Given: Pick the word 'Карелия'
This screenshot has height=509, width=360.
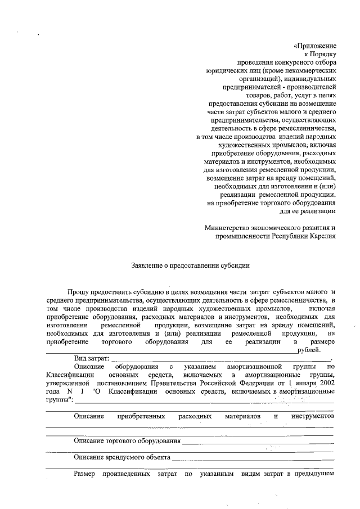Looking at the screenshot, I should pyautogui.click(x=323, y=236).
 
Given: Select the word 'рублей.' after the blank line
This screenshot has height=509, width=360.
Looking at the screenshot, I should pyautogui.click(x=307, y=349).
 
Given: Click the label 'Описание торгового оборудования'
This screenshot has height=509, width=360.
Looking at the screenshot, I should pyautogui.click(x=127, y=441).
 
